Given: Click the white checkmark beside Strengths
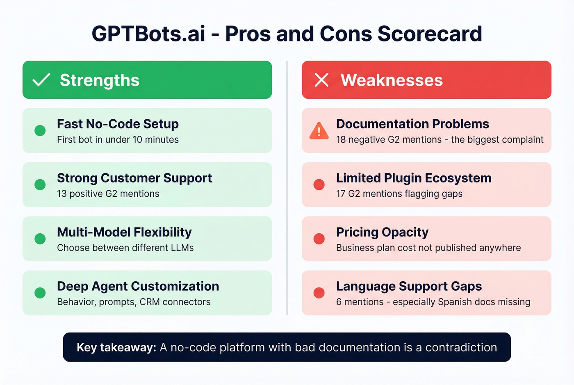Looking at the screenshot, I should (x=41, y=80).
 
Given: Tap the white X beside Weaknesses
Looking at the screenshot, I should (x=321, y=80).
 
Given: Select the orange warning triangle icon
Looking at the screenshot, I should (x=319, y=131).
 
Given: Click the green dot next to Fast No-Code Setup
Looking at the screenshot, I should (x=40, y=130).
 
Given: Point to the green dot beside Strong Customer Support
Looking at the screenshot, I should (x=40, y=185).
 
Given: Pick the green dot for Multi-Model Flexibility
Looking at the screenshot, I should (x=40, y=239).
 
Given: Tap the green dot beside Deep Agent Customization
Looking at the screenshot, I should (x=40, y=293).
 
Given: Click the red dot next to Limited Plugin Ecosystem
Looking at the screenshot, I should (x=319, y=185).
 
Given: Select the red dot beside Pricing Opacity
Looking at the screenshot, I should (x=319, y=239).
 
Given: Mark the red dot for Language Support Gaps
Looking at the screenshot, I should (x=319, y=293).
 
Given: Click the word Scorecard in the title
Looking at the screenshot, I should (x=430, y=34).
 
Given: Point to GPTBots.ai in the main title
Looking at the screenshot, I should (x=148, y=34).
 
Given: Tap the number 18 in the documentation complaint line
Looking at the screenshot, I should (x=341, y=140).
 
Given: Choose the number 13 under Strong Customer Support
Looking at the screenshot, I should (x=61, y=194).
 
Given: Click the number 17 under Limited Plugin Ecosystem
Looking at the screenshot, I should (x=341, y=194).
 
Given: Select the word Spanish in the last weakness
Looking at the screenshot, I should (x=455, y=302).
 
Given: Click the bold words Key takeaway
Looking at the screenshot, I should (x=116, y=348).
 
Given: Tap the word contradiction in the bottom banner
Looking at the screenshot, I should (x=461, y=348).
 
